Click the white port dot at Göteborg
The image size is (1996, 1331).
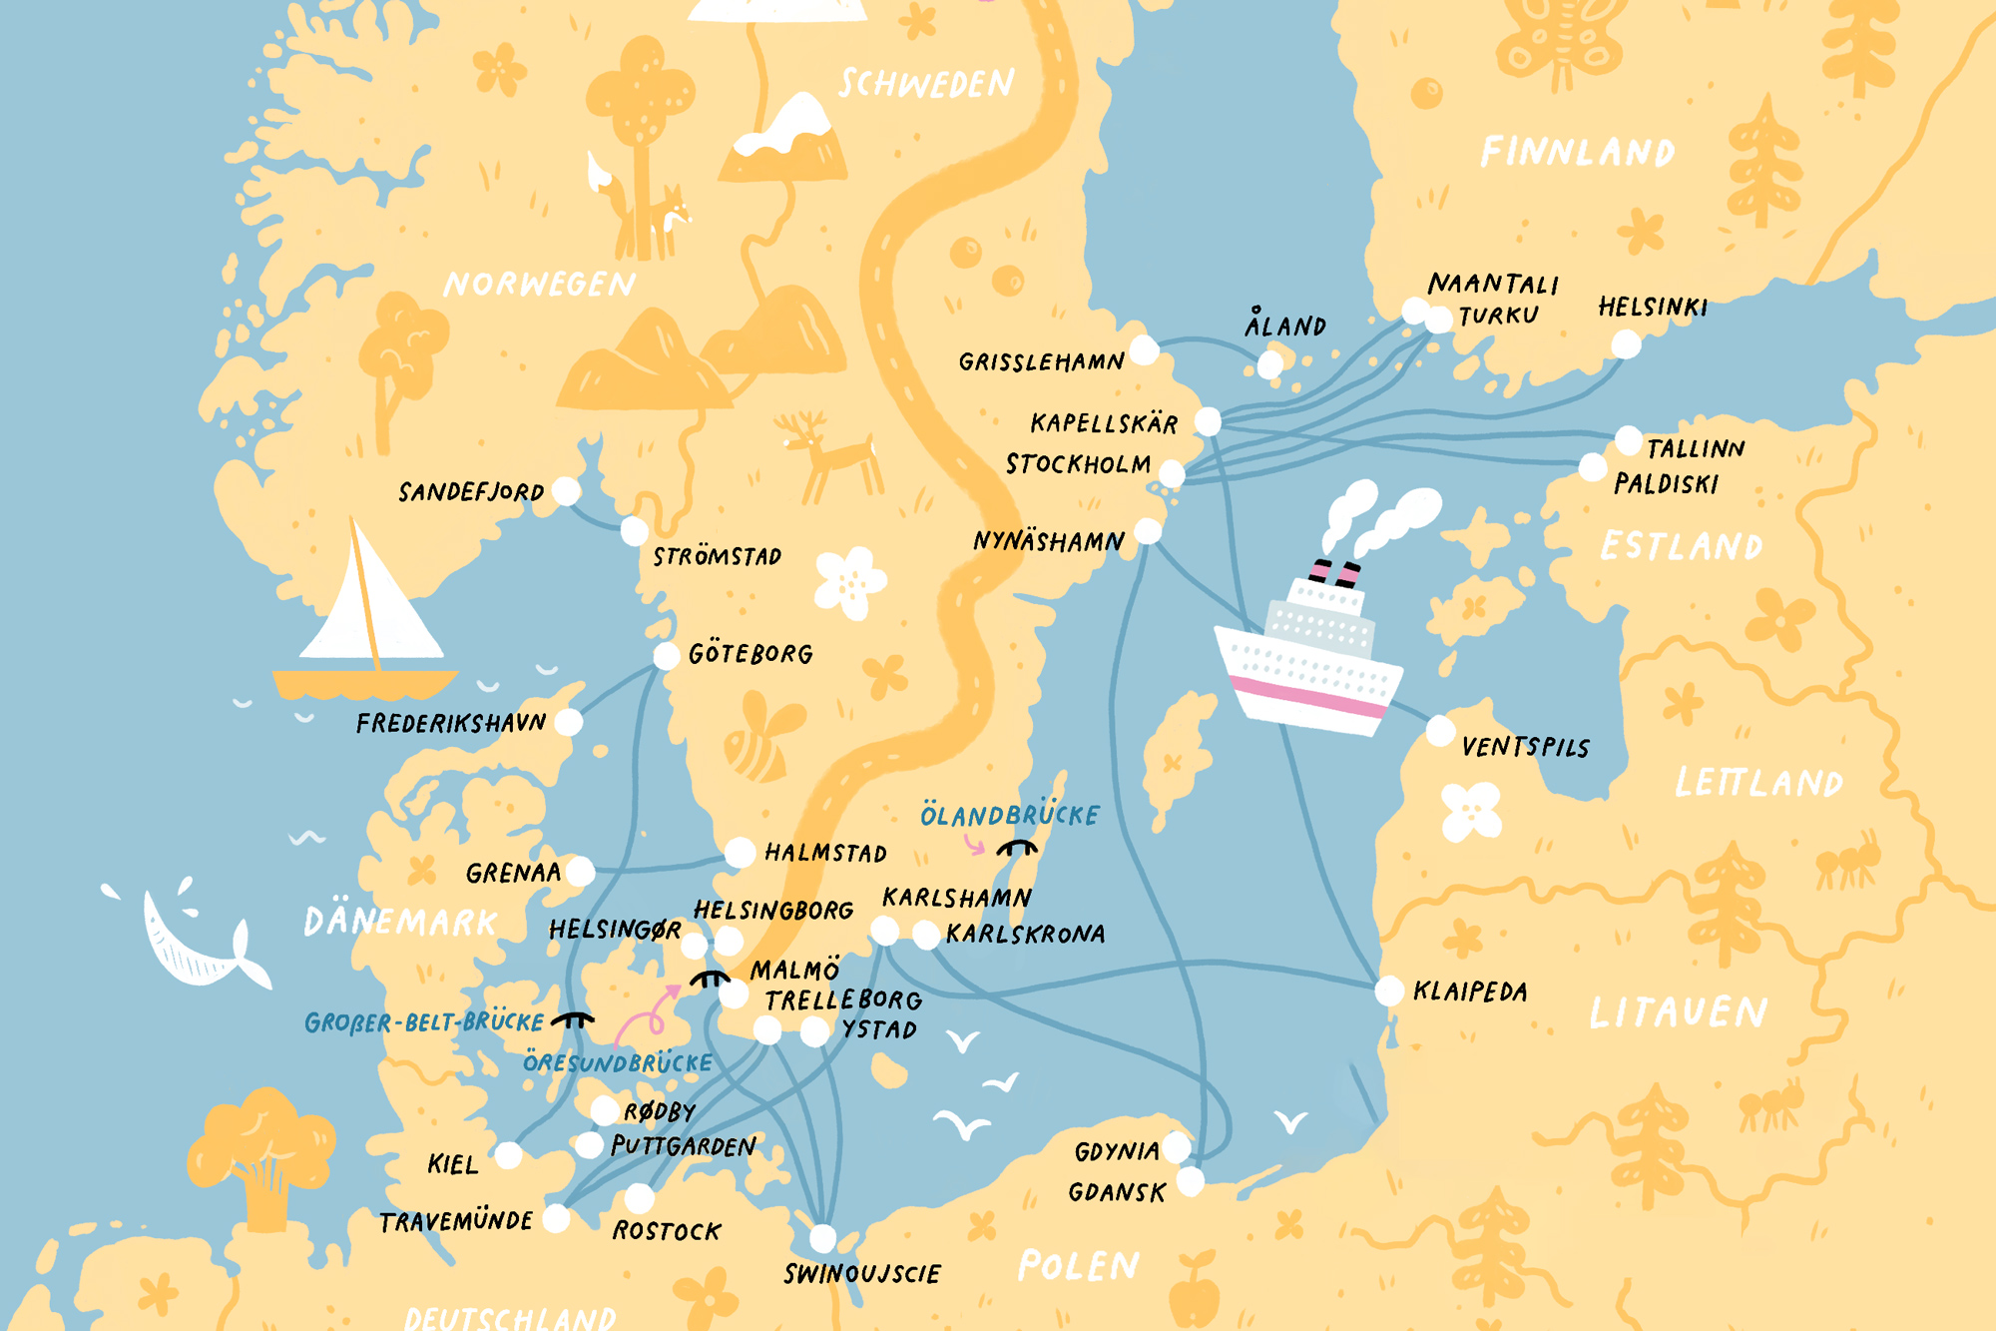[666, 656]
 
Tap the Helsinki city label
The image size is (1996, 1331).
[1652, 307]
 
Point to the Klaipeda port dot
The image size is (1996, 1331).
[1388, 991]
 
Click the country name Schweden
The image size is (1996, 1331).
[926, 84]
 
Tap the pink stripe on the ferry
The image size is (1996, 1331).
[1307, 696]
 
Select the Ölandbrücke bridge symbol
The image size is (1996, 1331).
[1017, 849]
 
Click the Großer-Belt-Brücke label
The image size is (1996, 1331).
[424, 1022]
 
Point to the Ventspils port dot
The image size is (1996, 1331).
[1439, 731]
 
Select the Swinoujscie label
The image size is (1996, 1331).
[861, 1274]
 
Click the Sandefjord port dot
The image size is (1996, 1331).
[566, 490]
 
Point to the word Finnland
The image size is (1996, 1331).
[1577, 153]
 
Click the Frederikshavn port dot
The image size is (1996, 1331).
[568, 722]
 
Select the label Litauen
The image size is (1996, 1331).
[1678, 1012]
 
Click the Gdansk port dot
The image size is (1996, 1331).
[1190, 1182]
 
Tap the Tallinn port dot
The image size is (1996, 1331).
[1628, 439]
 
